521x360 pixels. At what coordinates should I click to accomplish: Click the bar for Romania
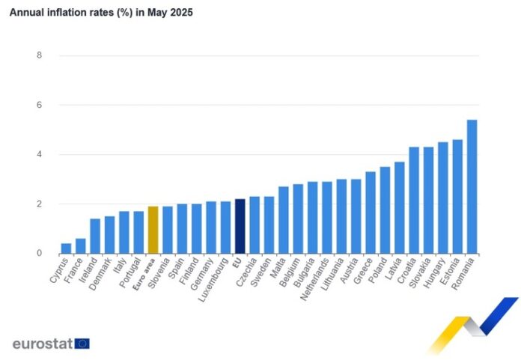pos(472,187)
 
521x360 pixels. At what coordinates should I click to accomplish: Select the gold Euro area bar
pos(153,230)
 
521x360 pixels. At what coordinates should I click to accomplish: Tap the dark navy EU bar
pos(240,226)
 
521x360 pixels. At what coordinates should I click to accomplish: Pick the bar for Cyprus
pos(66,248)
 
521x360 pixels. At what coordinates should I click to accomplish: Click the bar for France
pos(80,246)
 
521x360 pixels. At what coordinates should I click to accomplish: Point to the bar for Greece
pos(371,213)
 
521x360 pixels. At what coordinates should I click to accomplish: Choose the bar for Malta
pos(284,220)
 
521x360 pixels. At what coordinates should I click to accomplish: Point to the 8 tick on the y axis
pos(39,55)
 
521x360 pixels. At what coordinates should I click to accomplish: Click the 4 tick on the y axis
pos(39,155)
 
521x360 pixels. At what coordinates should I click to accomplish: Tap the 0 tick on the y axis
pos(39,254)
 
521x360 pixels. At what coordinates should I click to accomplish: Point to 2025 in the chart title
pos(180,13)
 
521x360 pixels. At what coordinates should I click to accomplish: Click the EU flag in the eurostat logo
pos(82,344)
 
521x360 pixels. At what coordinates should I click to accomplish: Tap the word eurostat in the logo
pos(42,344)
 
